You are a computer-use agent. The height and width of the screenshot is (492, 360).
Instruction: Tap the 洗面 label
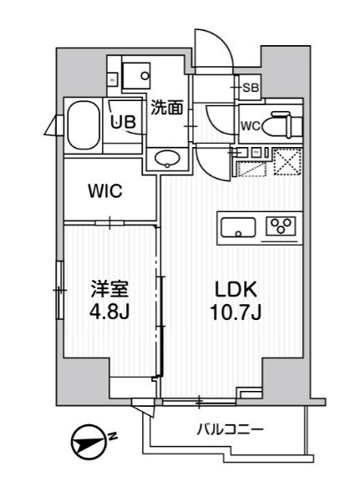coord(167,106)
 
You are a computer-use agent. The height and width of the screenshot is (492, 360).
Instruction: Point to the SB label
coord(250,87)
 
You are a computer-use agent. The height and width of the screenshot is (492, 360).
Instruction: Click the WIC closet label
coord(105,191)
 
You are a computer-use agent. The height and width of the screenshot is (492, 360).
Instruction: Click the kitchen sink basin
coord(239,225)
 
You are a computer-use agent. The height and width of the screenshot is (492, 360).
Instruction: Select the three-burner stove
coord(281,226)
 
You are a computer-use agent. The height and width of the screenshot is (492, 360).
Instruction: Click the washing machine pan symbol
coord(134,74)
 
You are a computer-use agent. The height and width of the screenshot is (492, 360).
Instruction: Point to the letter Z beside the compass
coord(113,434)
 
